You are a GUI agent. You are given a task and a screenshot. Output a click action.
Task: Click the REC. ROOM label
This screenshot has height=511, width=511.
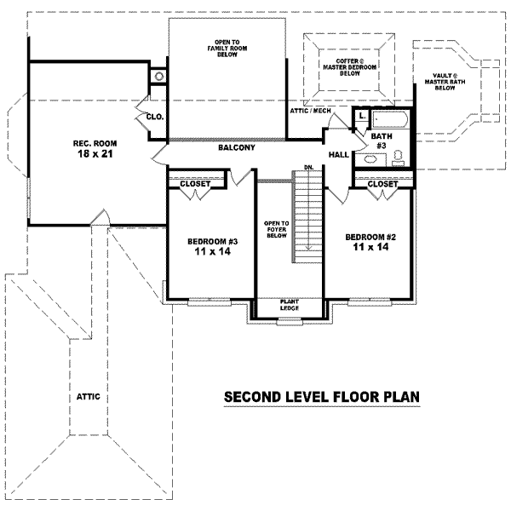tap(94, 142)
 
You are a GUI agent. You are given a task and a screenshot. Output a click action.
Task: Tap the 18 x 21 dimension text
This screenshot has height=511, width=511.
tap(94, 154)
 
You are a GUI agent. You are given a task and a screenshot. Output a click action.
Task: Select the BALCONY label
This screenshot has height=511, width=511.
tap(236, 148)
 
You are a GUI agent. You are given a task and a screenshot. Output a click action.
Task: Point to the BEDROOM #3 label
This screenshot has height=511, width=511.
tap(212, 242)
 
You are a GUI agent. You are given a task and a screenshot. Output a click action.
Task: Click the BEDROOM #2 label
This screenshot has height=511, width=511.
tap(367, 236)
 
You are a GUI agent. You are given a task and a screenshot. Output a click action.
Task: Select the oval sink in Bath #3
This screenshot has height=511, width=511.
tap(372, 158)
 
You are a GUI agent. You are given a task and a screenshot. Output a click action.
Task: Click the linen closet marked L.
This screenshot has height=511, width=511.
tap(361, 116)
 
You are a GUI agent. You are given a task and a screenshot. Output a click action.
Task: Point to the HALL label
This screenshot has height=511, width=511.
tap(338, 154)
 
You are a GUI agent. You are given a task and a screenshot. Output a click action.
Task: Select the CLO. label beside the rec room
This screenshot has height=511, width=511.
tap(154, 117)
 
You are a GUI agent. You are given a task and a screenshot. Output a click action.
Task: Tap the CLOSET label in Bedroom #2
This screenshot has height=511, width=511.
tap(382, 183)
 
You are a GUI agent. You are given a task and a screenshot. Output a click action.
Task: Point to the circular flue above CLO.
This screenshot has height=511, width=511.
tap(158, 77)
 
